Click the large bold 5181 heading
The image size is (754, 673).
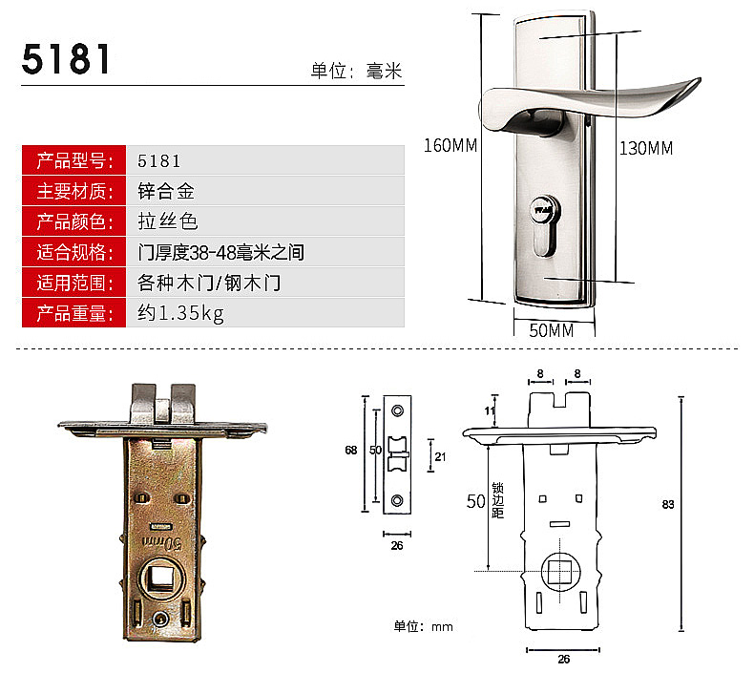tap(66, 59)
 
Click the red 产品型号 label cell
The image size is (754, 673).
tap(74, 160)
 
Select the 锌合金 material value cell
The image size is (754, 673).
tap(265, 191)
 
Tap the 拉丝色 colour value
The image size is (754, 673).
tap(168, 221)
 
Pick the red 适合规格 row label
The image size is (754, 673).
tap(74, 252)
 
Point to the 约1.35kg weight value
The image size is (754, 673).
tap(180, 313)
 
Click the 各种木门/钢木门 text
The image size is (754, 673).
tap(209, 283)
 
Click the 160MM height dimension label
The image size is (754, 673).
tap(450, 145)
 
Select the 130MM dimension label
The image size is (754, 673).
tap(646, 148)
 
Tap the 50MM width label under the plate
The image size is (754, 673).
tap(552, 330)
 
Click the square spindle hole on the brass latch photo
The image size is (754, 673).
tap(160, 578)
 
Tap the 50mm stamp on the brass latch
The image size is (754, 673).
tap(162, 542)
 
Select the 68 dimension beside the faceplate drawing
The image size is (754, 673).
tap(351, 451)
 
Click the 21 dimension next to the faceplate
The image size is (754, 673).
tap(440, 456)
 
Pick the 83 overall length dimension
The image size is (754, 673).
tap(668, 504)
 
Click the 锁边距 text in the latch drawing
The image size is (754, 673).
tap(497, 500)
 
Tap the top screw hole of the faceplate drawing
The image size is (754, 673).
tap(397, 410)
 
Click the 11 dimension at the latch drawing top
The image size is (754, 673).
tap(489, 410)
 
